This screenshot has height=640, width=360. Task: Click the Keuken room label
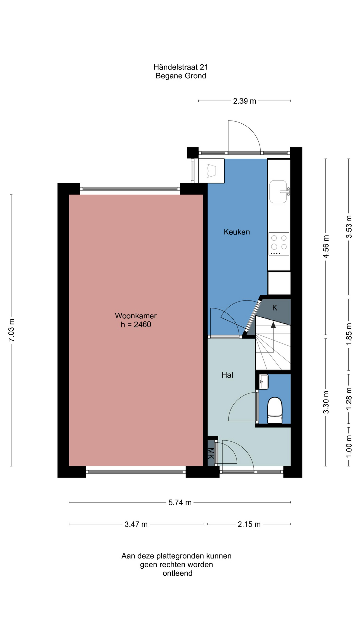(x=237, y=232)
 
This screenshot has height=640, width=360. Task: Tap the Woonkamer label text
(x=136, y=316)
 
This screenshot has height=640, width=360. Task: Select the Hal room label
(x=227, y=375)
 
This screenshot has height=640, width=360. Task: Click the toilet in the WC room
(x=275, y=410)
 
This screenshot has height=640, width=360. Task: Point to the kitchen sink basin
(x=278, y=192)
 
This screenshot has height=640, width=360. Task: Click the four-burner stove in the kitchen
(x=279, y=244)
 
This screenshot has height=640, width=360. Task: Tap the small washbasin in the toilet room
(x=264, y=382)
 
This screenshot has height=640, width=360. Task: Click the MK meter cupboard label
(x=211, y=453)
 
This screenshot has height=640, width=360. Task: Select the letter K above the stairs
(x=275, y=308)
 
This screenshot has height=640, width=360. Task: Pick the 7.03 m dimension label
(x=11, y=330)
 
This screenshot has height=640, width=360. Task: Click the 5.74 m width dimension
(x=180, y=503)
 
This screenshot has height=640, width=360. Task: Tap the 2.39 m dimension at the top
(x=245, y=101)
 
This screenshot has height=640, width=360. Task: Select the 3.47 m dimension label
(x=136, y=524)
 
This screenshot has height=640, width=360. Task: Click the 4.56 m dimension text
(x=326, y=247)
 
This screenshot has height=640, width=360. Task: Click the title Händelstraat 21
(x=181, y=67)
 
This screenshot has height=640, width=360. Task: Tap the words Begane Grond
(x=181, y=76)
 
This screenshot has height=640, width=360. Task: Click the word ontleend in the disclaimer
(x=177, y=573)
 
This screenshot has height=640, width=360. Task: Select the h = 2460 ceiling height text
(x=136, y=325)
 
